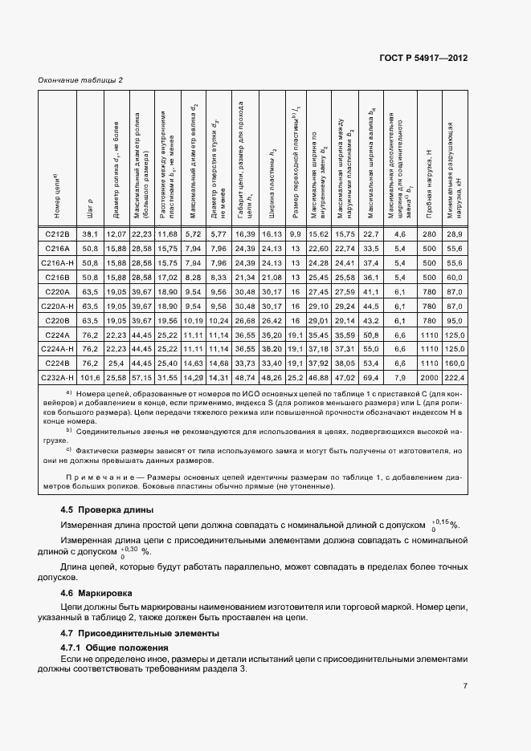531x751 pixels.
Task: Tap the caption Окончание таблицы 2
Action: pos(80,80)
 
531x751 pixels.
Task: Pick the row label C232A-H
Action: pos(56,376)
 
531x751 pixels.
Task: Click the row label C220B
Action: pos(56,319)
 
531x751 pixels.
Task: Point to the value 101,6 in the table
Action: pos(89,376)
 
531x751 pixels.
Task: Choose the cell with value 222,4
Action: pos(455,376)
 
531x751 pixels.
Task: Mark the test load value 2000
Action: pos(427,376)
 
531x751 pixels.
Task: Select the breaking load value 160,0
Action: pos(455,362)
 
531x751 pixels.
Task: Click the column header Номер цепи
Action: pos(56,197)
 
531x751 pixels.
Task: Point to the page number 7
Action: pos(465,686)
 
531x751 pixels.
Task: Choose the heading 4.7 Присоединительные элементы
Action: pos(129,633)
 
